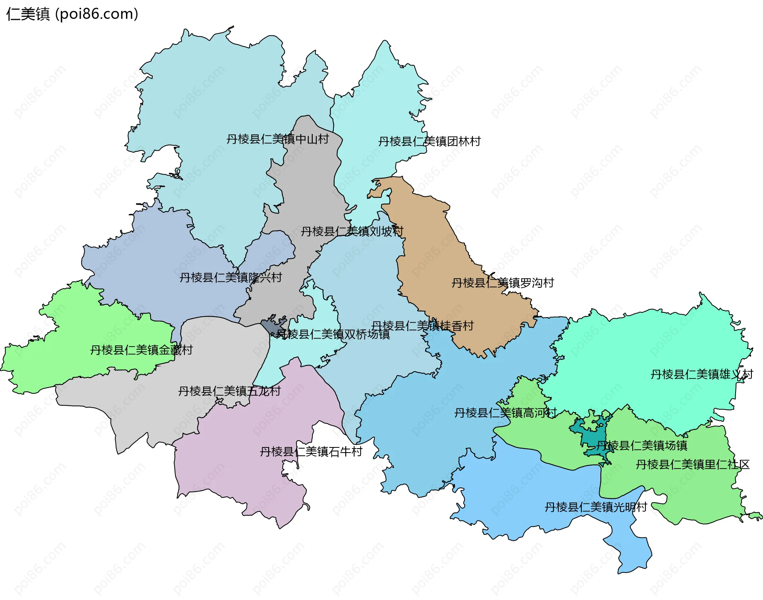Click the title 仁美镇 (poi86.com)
(x=72, y=14)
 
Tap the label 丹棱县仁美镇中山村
(x=277, y=139)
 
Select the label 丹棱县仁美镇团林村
(x=429, y=141)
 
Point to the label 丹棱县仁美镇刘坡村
(x=352, y=231)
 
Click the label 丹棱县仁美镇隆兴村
(x=230, y=277)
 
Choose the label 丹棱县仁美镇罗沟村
(x=503, y=283)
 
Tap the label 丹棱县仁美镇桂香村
(x=422, y=326)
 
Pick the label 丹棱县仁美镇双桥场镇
(x=333, y=334)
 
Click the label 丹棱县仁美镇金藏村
(x=141, y=350)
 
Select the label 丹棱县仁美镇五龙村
(x=229, y=391)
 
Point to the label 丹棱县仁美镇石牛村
(x=311, y=452)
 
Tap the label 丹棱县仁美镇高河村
(x=505, y=413)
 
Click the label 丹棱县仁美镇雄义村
(x=701, y=374)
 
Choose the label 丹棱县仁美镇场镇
(x=642, y=445)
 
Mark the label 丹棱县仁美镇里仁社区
(x=692, y=465)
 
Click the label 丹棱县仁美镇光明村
(x=596, y=507)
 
